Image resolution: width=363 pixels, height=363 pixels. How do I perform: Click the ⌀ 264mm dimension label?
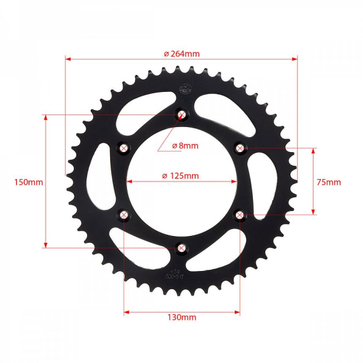181,53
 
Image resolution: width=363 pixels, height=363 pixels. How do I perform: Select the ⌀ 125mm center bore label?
180,175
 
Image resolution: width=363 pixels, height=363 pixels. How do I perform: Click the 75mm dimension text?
329,182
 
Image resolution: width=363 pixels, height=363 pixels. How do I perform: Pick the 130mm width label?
181,317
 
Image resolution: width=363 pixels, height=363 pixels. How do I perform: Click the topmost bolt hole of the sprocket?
181,115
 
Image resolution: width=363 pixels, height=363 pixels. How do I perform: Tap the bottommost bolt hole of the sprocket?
181,248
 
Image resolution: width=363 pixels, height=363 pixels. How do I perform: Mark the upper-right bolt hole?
240,148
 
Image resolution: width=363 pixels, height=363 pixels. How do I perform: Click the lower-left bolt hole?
124,215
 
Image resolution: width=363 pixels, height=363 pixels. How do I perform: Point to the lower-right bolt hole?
240,215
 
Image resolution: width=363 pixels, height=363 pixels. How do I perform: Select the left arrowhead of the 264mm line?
68,59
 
